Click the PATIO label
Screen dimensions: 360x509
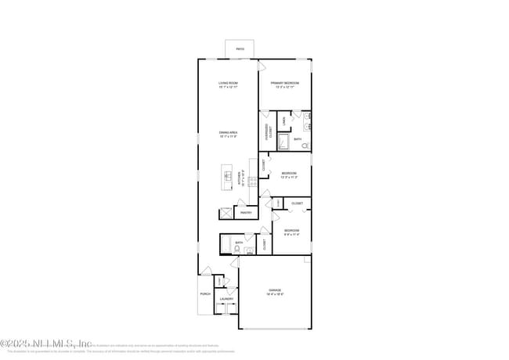[240, 50]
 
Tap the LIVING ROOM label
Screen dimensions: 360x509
[229, 83]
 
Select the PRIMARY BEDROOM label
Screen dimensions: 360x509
[285, 83]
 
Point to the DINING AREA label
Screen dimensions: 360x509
[229, 133]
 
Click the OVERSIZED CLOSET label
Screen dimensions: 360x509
[269, 131]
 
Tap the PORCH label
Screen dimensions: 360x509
[205, 294]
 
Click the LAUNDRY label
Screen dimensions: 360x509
[227, 298]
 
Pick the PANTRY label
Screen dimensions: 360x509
[246, 212]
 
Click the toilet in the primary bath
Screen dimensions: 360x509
[305, 146]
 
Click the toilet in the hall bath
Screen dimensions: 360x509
[247, 250]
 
